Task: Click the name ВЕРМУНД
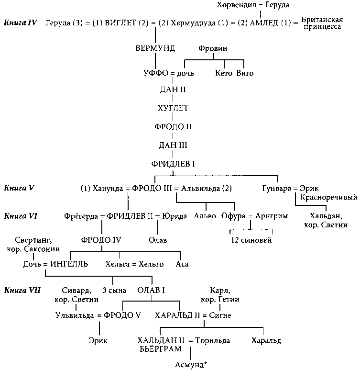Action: coord(156,48)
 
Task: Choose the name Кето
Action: coord(224,73)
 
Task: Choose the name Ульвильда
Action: coord(75,315)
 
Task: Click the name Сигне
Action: coord(220,315)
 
